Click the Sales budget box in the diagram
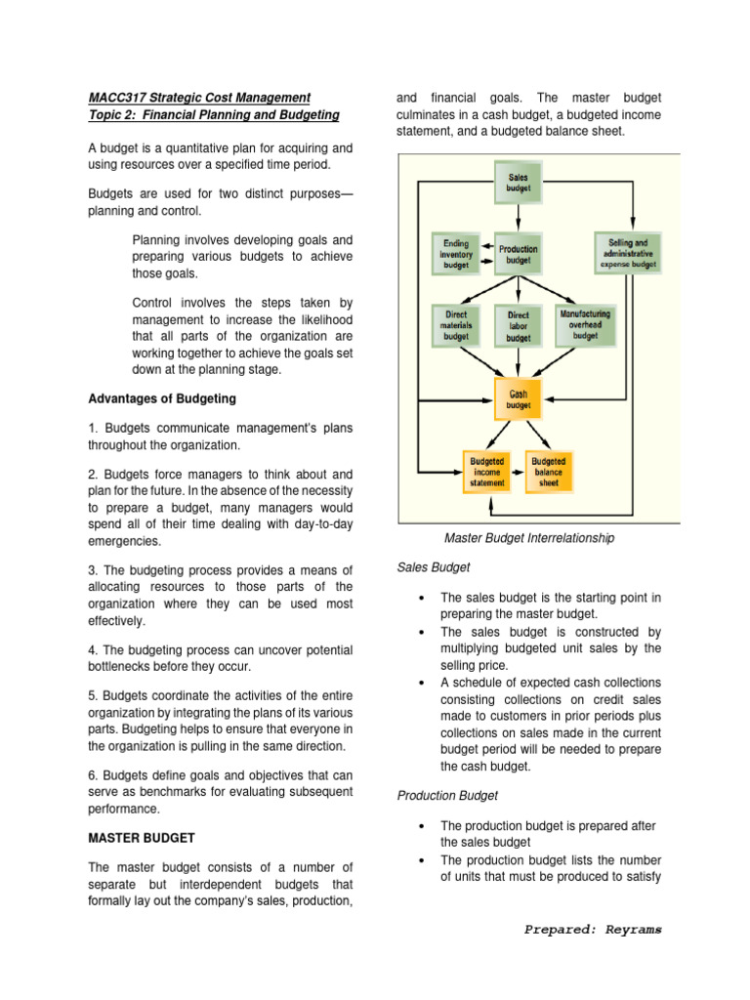519,182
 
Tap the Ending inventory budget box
455,254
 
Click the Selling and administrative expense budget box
628,253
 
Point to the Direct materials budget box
456,326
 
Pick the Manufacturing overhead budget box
585,325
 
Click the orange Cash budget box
519,399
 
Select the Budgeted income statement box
487,472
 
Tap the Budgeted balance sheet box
549,472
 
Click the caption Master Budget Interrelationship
529,538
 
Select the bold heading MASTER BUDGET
142,838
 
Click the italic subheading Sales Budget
434,566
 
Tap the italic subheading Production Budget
448,796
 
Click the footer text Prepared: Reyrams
592,930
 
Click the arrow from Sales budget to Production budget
519,215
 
